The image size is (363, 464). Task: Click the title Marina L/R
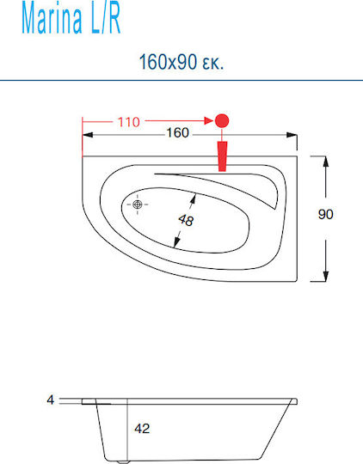71,19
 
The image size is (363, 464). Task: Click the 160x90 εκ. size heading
181,62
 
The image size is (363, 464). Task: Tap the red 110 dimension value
129,122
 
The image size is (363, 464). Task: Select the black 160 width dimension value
177,132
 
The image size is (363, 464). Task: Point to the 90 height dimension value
326,214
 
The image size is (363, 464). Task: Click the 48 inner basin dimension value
186,220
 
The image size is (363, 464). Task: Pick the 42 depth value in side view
142,428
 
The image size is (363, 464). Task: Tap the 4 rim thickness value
51,400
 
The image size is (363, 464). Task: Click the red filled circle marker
222,121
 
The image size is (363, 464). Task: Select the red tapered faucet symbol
222,156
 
